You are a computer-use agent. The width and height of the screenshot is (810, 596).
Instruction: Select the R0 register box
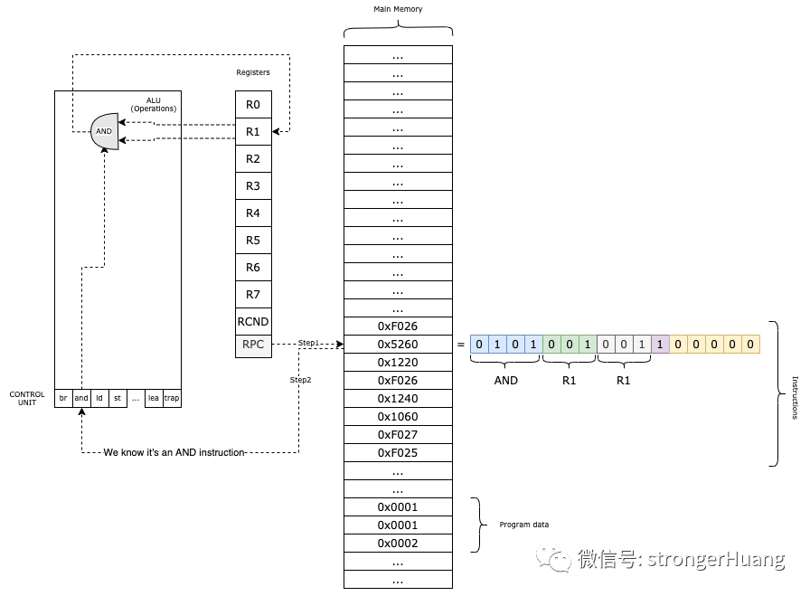tap(253, 105)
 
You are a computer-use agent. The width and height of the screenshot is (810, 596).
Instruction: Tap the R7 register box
tap(253, 294)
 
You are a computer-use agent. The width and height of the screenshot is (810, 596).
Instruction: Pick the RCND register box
tap(253, 321)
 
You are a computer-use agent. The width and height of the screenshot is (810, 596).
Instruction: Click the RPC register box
tap(253, 345)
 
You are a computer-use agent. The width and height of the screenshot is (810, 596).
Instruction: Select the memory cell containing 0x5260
tap(398, 345)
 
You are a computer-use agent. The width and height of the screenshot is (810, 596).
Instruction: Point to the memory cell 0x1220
tap(398, 363)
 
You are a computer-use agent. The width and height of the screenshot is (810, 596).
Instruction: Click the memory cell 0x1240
tap(398, 399)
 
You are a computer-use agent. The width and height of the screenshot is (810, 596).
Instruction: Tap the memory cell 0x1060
tap(398, 417)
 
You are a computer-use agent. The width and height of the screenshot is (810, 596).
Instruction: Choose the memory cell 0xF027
tap(398, 435)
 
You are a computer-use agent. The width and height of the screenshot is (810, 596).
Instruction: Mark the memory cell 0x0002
tap(398, 544)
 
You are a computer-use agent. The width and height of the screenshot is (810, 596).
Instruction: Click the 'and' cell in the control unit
tap(81, 398)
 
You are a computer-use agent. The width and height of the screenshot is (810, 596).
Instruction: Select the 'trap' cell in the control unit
tap(172, 398)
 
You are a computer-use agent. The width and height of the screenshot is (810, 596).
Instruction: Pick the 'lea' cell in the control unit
tap(154, 398)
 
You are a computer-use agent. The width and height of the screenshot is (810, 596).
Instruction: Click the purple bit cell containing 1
tap(660, 345)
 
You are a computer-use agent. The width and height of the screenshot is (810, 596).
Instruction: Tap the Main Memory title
tap(398, 9)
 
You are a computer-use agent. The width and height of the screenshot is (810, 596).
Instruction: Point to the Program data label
tap(524, 525)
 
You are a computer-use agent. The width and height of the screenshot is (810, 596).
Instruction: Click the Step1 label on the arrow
tap(310, 343)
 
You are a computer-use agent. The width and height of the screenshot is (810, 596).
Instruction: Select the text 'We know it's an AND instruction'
tap(174, 452)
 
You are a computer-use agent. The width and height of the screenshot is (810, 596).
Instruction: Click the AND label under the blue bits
tap(506, 381)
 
